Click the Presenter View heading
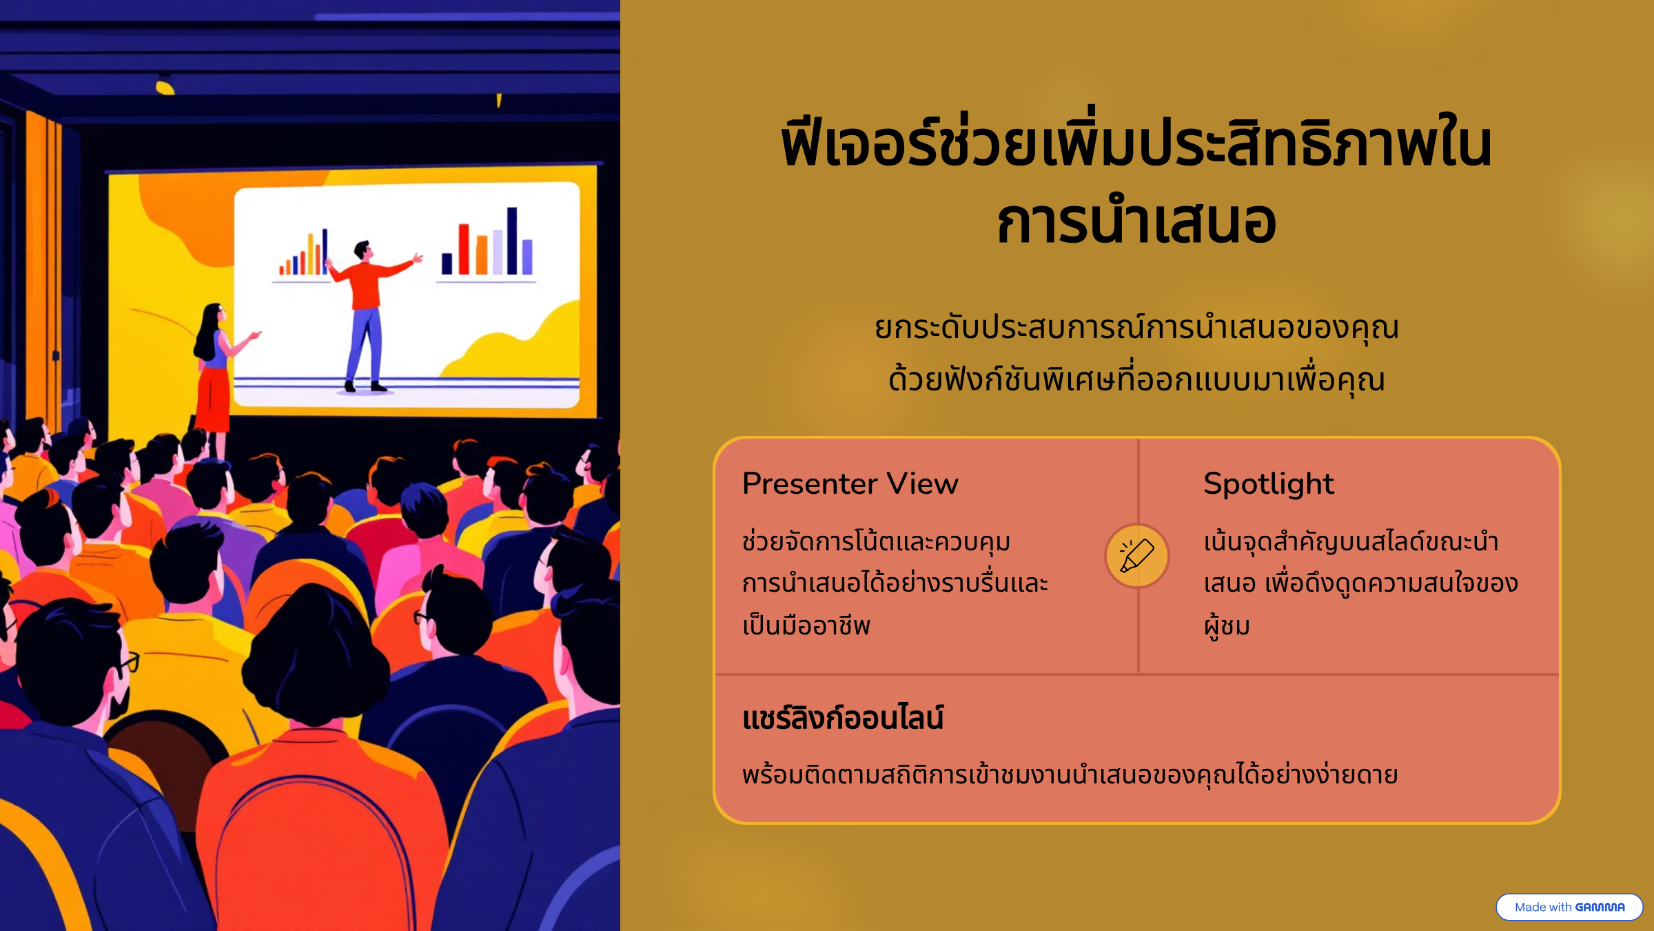(x=850, y=483)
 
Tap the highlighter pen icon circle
(x=1137, y=556)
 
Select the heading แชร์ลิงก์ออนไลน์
(x=843, y=717)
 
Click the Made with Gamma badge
(x=1569, y=907)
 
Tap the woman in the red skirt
(x=217, y=372)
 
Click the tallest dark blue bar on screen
(x=512, y=241)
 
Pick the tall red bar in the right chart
(x=464, y=249)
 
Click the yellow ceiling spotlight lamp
(x=165, y=86)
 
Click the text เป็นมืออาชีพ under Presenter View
(x=806, y=625)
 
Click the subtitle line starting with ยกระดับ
(x=1137, y=328)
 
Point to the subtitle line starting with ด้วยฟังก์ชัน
(x=1137, y=380)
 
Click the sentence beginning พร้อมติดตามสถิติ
(x=1070, y=774)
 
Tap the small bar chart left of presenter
(x=304, y=253)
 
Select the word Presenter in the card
(x=810, y=483)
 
